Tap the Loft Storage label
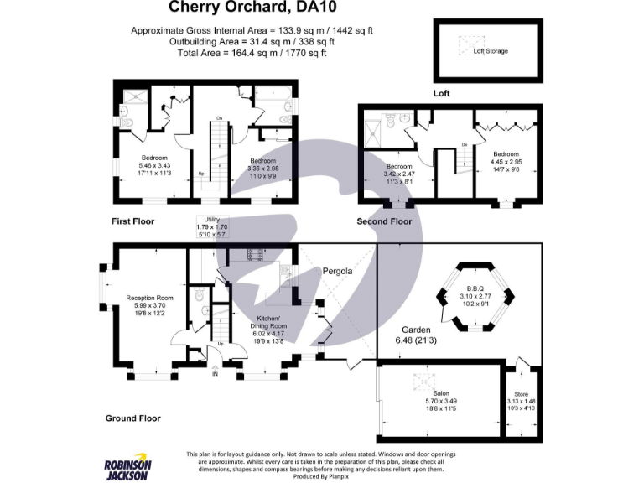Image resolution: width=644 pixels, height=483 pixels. (x=490, y=51)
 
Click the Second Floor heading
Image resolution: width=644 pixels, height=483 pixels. (x=384, y=221)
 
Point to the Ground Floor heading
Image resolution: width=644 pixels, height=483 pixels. (x=132, y=418)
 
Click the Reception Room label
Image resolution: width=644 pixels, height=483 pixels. (x=149, y=298)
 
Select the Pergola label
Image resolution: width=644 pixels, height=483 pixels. (x=337, y=272)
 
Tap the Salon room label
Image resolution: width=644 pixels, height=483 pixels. (x=440, y=393)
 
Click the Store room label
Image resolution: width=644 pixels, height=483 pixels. (x=520, y=393)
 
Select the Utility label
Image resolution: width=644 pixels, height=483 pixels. (x=211, y=219)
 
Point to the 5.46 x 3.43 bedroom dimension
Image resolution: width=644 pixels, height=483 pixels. (x=154, y=166)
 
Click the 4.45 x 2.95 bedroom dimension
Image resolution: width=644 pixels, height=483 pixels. (x=506, y=162)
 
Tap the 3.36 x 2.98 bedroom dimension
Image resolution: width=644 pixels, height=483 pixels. (x=263, y=169)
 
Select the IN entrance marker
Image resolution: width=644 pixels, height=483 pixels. (x=214, y=375)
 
